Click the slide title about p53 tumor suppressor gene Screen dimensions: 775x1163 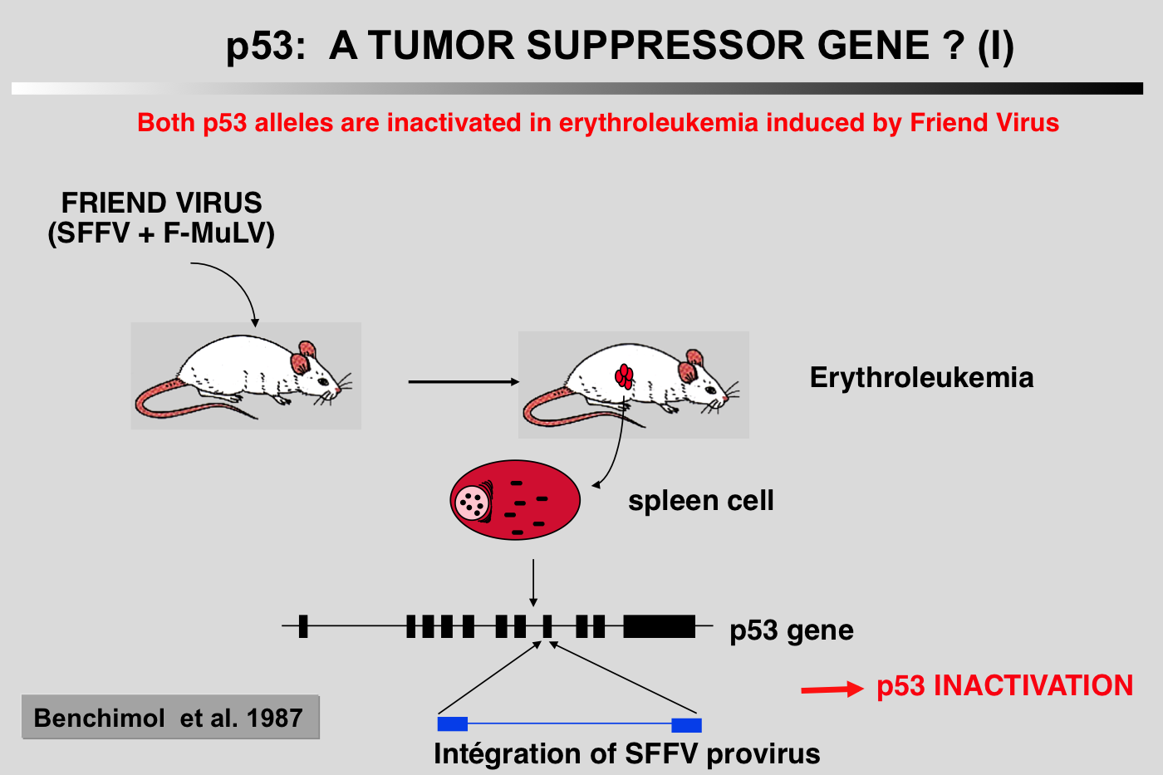[620, 46]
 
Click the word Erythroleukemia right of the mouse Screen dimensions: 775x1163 [921, 378]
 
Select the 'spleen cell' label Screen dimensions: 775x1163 [700, 501]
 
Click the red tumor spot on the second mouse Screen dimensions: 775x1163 [625, 376]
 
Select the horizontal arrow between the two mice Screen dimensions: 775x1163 [463, 382]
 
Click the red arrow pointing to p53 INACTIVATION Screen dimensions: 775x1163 [832, 689]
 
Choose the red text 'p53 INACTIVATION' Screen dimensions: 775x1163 [1004, 686]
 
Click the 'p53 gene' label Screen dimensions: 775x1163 [791, 630]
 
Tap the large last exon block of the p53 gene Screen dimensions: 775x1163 [659, 626]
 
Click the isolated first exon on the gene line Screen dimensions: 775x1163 [303, 626]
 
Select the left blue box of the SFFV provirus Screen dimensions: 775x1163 [453, 724]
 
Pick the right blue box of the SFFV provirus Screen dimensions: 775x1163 [686, 724]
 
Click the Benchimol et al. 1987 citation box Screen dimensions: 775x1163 [169, 718]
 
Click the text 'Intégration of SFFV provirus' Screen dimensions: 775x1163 [626, 754]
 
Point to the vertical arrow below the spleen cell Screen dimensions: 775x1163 [533, 583]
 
